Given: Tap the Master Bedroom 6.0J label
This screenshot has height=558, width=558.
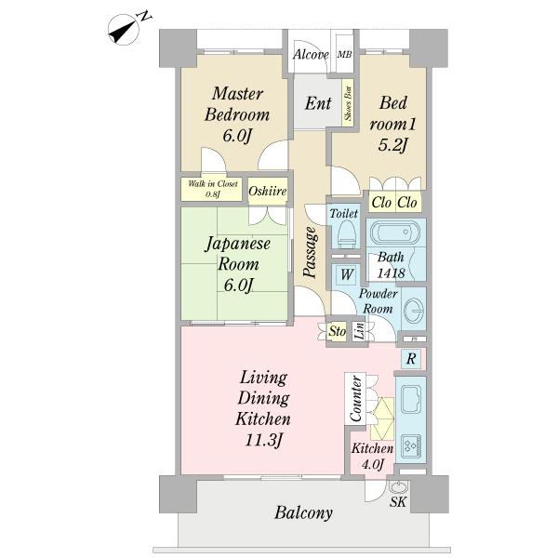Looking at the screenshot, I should [239, 114].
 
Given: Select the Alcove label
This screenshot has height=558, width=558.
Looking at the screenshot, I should [311, 55].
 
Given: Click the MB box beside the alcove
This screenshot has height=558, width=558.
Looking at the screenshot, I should [344, 55].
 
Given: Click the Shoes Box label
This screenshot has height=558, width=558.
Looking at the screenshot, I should [349, 103].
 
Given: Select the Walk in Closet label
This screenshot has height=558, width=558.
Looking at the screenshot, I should [212, 188].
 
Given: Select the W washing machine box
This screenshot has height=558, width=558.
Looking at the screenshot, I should [345, 275].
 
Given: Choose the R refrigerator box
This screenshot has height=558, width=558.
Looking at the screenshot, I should [410, 357].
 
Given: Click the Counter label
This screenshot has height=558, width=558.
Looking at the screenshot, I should [354, 399].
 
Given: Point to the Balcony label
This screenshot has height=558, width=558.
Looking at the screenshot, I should [303, 512].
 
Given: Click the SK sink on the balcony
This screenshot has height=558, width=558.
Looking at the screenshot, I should [398, 490].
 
